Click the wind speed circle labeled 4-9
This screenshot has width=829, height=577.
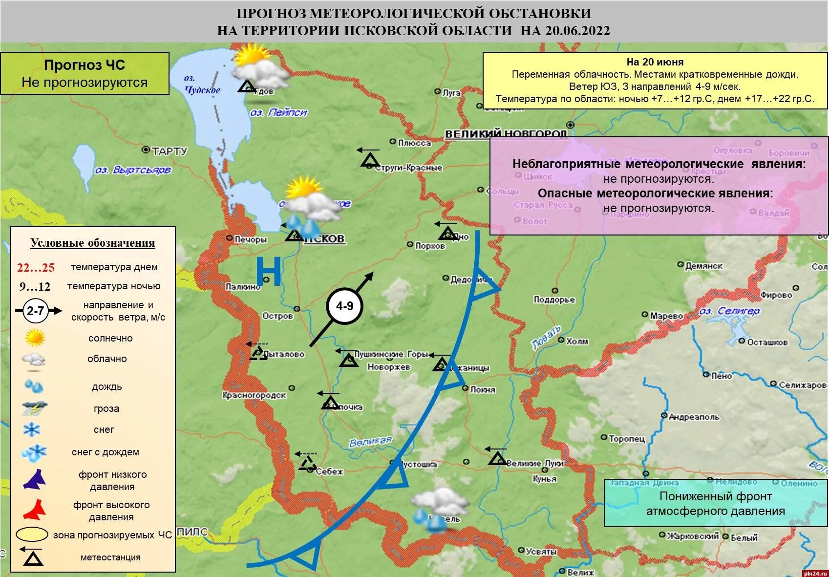click(344, 306)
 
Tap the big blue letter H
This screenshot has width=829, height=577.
click(269, 272)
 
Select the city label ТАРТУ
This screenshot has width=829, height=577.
click(169, 151)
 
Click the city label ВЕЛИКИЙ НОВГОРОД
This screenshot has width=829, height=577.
click(506, 134)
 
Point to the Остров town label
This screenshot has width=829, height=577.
click(277, 316)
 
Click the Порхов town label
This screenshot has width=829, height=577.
click(430, 246)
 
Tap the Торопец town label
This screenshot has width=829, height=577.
click(627, 439)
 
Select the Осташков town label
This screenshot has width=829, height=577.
click(767, 342)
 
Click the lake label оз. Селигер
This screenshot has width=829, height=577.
click(729, 311)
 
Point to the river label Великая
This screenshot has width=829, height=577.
click(370, 442)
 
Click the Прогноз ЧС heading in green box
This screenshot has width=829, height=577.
click(85, 65)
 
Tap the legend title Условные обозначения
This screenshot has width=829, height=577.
click(93, 243)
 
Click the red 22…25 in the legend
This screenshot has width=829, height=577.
click(36, 268)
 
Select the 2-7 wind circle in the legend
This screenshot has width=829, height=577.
click(35, 311)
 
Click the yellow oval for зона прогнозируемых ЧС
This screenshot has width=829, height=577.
click(32, 534)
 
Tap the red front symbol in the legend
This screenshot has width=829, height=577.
click(34, 510)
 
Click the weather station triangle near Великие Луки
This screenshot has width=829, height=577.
click(497, 458)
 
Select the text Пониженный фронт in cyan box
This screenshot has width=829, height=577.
click(715, 496)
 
